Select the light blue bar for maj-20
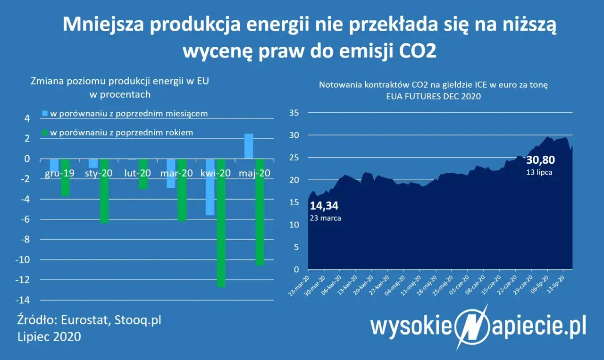click(x=248, y=146)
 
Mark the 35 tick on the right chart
click(x=294, y=113)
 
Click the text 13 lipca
click(x=539, y=172)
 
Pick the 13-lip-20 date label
click(x=559, y=286)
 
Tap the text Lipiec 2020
click(x=48, y=337)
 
